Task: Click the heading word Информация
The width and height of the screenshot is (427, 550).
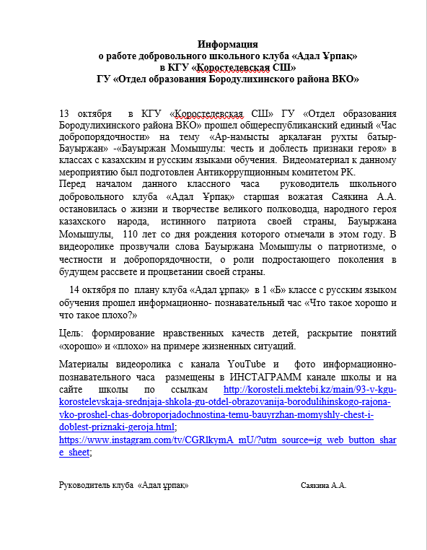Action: tap(228, 44)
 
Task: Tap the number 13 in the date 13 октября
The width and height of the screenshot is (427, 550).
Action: tap(64, 113)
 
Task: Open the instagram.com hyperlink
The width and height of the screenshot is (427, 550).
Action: tap(227, 439)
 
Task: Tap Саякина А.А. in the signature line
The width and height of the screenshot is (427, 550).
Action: tap(324, 486)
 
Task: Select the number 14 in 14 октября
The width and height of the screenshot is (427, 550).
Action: tap(87, 291)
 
